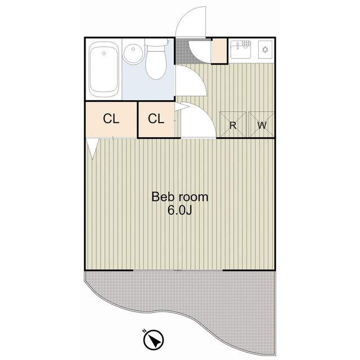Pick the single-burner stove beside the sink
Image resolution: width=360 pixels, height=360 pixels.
point(264,49)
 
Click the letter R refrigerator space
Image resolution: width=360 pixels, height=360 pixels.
point(232,125)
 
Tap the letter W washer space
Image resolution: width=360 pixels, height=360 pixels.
point(262,125)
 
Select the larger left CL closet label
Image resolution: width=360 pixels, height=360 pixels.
point(111,119)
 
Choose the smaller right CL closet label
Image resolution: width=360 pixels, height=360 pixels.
point(156,119)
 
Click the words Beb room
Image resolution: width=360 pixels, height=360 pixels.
point(180,197)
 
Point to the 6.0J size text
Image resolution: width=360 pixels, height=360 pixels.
point(180,211)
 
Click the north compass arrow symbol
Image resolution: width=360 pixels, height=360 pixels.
point(154,340)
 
